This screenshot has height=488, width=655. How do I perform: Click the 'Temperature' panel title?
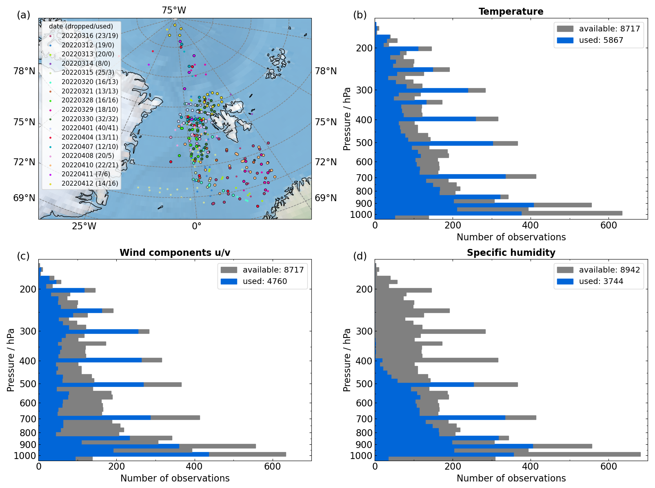511,11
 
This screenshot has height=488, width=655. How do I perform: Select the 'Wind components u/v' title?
175,253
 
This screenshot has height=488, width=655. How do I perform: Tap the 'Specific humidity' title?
511,253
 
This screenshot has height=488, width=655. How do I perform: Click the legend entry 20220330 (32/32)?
89,119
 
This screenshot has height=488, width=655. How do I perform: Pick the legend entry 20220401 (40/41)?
89,128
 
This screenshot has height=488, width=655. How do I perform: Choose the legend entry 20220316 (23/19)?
89,35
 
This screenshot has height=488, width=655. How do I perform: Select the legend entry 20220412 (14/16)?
89,183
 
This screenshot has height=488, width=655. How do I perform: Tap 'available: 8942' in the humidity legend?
609,270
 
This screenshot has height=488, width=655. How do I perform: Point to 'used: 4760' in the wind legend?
264,281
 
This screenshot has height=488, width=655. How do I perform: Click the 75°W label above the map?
174,10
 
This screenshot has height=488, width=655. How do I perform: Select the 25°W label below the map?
84,226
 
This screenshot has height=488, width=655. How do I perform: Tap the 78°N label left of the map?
24,71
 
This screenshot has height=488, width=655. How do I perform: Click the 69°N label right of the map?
326,198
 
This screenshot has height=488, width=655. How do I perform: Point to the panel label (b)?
360,15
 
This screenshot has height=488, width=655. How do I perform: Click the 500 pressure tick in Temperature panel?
364,143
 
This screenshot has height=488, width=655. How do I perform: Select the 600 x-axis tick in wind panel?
272,466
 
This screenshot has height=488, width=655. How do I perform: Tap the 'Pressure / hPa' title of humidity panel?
347,360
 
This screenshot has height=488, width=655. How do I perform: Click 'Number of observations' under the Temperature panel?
511,237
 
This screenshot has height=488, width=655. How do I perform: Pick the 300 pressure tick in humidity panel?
364,331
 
